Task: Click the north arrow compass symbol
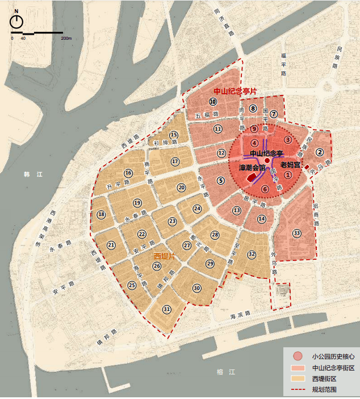17,21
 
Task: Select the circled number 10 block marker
212,102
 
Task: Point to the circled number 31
167,309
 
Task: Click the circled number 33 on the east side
297,233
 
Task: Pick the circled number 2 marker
320,152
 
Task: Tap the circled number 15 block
174,135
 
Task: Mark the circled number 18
101,214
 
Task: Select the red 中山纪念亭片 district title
235,91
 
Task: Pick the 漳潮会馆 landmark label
251,168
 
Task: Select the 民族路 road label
334,57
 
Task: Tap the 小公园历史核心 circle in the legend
297,356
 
